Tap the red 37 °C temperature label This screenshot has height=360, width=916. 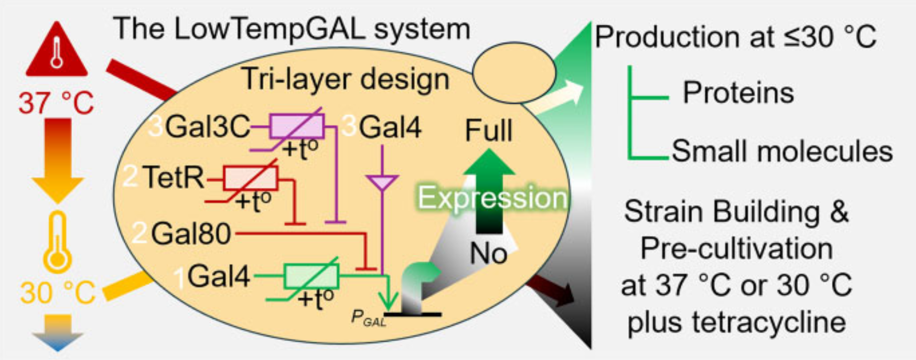(x=56, y=103)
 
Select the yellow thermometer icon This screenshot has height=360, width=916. (x=58, y=242)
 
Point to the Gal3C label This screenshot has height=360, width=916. (x=207, y=128)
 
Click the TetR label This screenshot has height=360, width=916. (x=173, y=177)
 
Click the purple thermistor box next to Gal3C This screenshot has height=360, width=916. (x=296, y=127)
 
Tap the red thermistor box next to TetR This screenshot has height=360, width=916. (x=250, y=178)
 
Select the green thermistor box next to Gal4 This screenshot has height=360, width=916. (x=311, y=276)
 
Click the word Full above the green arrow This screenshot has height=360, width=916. (x=488, y=131)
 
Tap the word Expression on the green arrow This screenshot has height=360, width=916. (x=492, y=198)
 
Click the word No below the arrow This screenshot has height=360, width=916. (x=488, y=253)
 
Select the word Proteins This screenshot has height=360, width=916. (x=738, y=92)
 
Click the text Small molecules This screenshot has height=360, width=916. (x=782, y=151)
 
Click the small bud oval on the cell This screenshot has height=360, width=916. (x=514, y=72)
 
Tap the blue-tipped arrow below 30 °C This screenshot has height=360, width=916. (x=58, y=332)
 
